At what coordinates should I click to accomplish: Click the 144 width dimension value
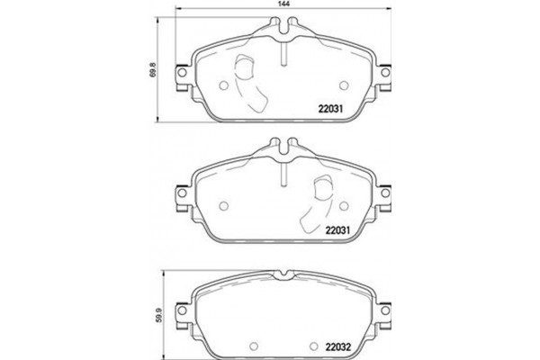pos(283,6)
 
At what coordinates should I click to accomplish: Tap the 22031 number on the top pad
pos(333,112)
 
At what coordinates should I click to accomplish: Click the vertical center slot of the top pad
pos(283,54)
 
